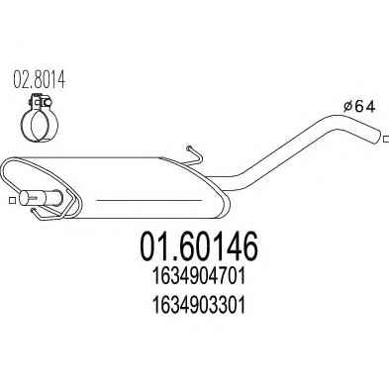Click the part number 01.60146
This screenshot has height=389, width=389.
(x=199, y=246)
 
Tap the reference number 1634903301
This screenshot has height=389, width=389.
(x=199, y=306)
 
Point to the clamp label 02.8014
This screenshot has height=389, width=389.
(x=40, y=79)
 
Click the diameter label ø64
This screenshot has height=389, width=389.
(x=359, y=107)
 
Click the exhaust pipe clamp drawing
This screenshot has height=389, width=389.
(x=40, y=119)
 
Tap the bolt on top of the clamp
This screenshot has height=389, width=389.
(x=41, y=101)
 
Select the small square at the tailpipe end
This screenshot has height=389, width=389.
(x=386, y=139)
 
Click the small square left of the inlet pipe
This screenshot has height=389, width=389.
(x=12, y=200)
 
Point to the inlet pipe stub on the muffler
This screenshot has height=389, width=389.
(x=41, y=198)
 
